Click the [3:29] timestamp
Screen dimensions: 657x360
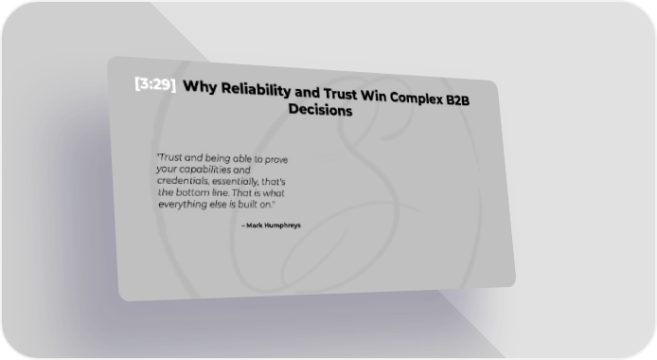click(x=155, y=83)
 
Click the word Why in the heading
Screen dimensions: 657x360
click(x=200, y=87)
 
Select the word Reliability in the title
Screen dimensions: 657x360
click(x=256, y=90)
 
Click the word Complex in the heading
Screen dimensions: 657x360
click(x=417, y=99)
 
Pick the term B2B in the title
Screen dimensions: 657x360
click(x=458, y=99)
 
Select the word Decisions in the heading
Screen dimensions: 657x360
click(x=320, y=110)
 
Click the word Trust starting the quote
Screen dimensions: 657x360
click(x=169, y=157)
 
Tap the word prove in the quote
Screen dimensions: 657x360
click(x=276, y=160)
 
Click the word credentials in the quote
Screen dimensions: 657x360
click(x=183, y=181)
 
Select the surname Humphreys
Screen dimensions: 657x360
click(x=283, y=225)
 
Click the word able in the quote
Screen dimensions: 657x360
click(x=241, y=158)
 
